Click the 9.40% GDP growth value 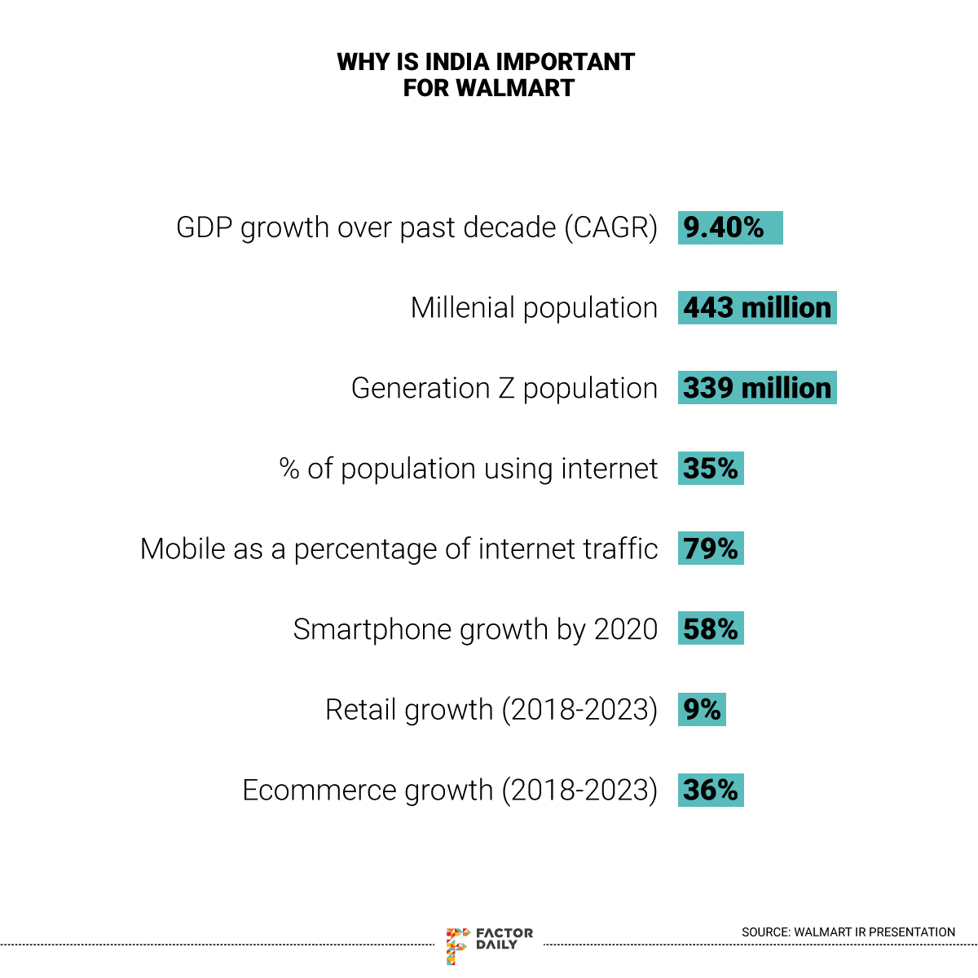tap(729, 227)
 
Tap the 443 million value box tap(757, 308)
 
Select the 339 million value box tap(757, 388)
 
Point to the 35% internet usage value tap(711, 469)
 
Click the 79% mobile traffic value tap(711, 548)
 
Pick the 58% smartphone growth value tap(711, 629)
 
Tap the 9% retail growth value tap(702, 710)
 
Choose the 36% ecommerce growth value tap(711, 790)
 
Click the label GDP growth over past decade tap(416, 227)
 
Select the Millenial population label tap(534, 308)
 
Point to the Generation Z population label tap(504, 388)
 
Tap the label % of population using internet tap(468, 469)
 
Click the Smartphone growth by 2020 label tap(475, 629)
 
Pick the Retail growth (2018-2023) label tap(491, 710)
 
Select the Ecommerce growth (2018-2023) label tap(450, 790)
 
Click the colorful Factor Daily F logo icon tap(457, 945)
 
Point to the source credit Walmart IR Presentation tap(848, 932)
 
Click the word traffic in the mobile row tap(620, 548)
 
